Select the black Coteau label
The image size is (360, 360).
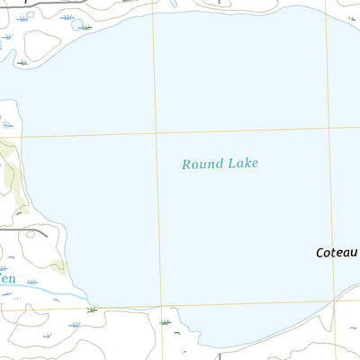click(x=337, y=253)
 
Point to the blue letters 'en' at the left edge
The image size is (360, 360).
click(x=7, y=279)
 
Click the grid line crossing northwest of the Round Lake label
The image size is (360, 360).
click(x=157, y=134)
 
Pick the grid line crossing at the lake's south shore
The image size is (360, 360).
click(x=162, y=305)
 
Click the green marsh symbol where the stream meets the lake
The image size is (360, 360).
click(x=91, y=309)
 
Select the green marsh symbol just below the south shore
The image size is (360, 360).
click(x=165, y=320)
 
